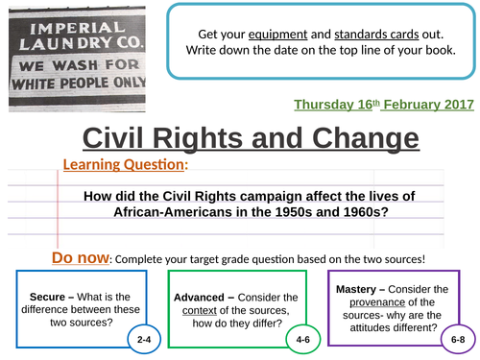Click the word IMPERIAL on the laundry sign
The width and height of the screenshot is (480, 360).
(x=60, y=21)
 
